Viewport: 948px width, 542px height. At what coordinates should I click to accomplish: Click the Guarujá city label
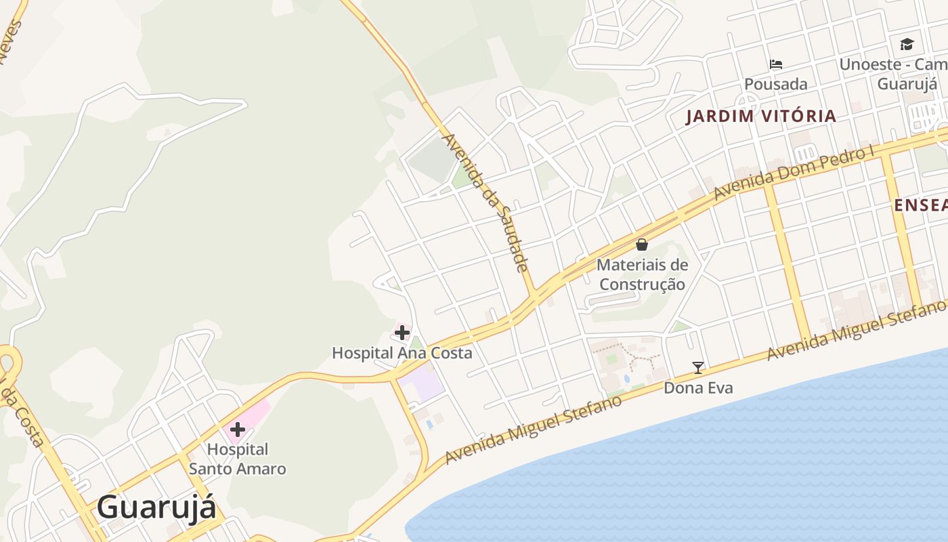click(156, 507)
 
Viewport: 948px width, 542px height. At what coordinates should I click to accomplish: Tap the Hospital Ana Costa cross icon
click(402, 333)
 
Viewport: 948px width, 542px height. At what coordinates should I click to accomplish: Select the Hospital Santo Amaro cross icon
click(238, 430)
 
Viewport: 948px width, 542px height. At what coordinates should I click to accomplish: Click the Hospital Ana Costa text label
click(402, 353)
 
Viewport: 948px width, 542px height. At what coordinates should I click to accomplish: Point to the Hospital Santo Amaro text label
click(237, 459)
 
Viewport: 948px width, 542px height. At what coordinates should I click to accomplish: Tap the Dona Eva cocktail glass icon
click(698, 368)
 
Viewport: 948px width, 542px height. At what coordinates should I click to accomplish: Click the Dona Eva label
click(698, 388)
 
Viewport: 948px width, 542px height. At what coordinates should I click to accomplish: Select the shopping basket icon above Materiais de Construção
click(642, 245)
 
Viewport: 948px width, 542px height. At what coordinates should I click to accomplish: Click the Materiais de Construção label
click(642, 274)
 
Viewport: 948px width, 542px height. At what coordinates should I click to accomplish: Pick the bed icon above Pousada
click(776, 64)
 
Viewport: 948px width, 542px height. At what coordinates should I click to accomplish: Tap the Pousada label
click(776, 84)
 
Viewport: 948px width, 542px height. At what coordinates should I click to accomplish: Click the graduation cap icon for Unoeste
click(907, 45)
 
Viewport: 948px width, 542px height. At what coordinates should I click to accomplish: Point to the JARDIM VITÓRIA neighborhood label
click(761, 116)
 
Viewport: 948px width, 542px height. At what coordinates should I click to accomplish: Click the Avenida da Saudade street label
click(483, 201)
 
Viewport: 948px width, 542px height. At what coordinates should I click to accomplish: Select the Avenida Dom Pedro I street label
click(794, 173)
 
